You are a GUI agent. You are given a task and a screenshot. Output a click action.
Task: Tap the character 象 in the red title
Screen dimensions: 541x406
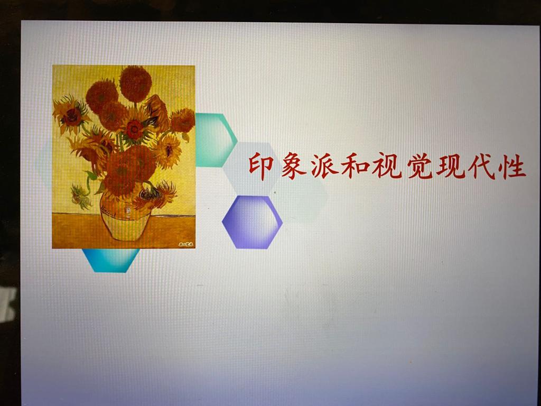click(293, 166)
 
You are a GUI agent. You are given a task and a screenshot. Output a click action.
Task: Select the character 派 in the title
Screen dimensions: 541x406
click(324, 166)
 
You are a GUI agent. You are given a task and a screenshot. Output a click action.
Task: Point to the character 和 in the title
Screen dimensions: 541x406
click(356, 167)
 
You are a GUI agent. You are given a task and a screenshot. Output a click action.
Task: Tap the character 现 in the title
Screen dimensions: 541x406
click(451, 166)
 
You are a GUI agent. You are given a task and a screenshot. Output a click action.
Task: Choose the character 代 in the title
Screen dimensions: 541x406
click(482, 166)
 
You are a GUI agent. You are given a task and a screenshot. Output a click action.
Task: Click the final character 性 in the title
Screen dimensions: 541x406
click(513, 166)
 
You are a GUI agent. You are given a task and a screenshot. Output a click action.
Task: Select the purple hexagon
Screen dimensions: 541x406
click(252, 222)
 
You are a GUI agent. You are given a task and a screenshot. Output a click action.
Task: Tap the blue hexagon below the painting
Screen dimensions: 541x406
click(111, 260)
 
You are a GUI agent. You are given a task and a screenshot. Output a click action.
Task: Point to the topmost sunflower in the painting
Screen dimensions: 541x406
click(136, 84)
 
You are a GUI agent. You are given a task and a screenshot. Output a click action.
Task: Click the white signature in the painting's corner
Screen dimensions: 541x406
click(186, 244)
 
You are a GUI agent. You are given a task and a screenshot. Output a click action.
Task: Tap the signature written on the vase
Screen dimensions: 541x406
click(108, 210)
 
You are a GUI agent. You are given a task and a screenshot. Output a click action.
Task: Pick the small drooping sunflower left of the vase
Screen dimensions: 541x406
click(81, 197)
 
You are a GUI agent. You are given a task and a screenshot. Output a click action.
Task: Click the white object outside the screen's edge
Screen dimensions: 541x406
click(7, 304)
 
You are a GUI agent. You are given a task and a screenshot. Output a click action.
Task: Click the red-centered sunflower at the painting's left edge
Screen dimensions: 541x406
click(71, 116)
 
